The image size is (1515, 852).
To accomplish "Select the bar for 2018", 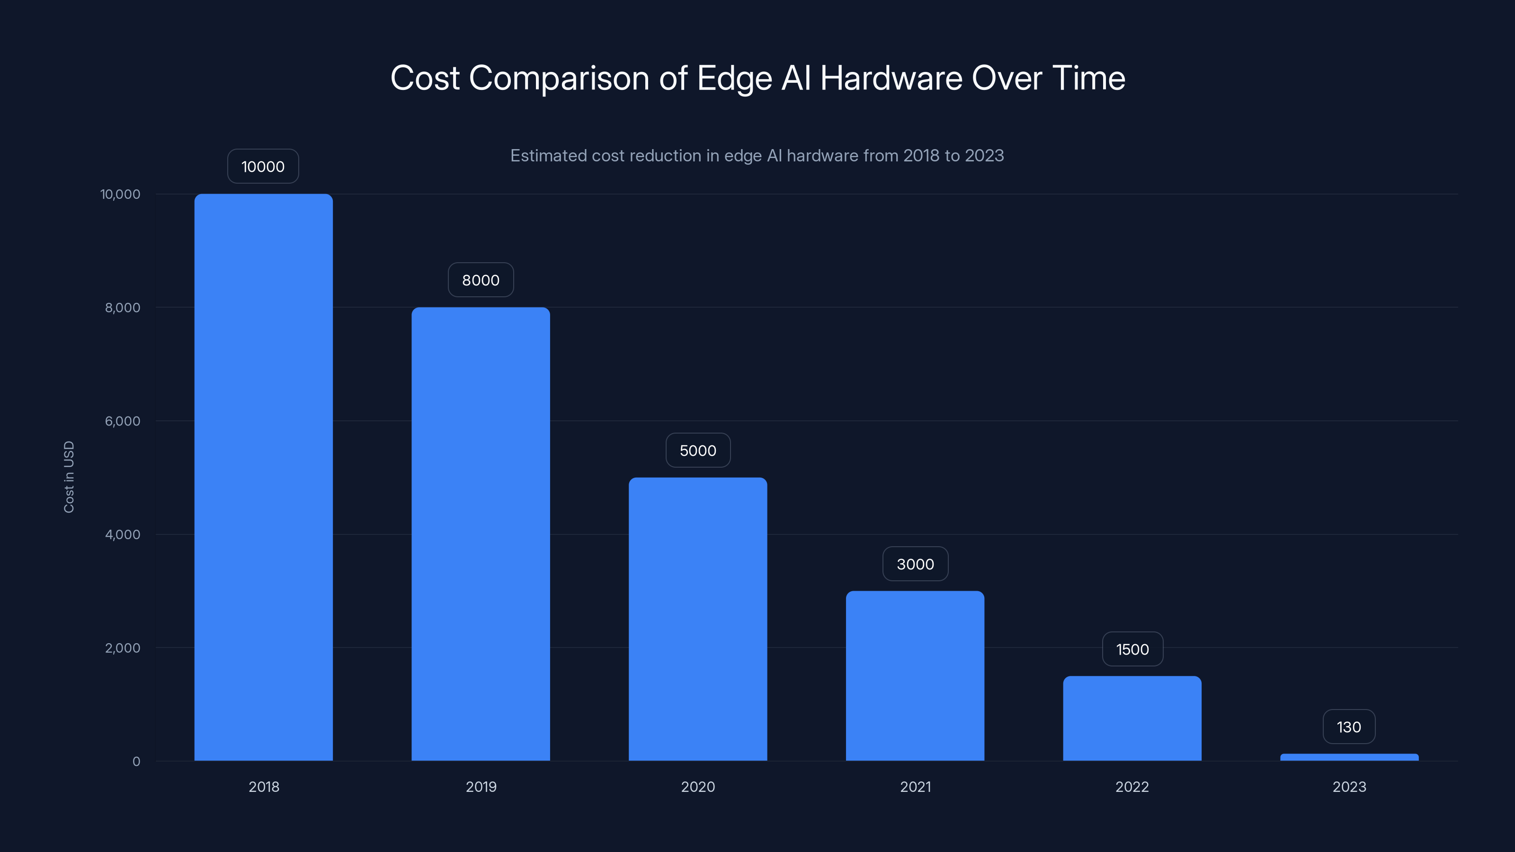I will click(x=264, y=477).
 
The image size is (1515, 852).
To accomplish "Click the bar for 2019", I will click(x=481, y=534).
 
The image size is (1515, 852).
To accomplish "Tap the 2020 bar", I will click(x=697, y=619).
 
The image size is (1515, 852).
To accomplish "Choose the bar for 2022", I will click(x=1132, y=718).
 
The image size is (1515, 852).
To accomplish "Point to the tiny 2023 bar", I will click(x=1349, y=757).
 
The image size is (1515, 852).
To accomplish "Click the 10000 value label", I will click(x=263, y=167).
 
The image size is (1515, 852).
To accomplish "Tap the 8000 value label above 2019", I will click(x=481, y=280).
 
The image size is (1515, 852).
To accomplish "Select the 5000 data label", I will click(x=697, y=451).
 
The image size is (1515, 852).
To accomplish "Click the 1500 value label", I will click(x=1132, y=649).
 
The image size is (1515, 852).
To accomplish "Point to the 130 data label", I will click(x=1348, y=727).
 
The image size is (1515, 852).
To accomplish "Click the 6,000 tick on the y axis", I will click(x=122, y=421).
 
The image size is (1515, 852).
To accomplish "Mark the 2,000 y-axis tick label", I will click(x=122, y=648).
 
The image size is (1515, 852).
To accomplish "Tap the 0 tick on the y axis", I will click(x=136, y=762).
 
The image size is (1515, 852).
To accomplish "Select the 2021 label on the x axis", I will click(x=915, y=787).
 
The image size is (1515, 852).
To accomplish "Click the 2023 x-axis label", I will click(x=1349, y=787).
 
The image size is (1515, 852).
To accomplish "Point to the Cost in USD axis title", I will click(x=69, y=477).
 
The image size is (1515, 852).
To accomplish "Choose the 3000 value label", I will click(x=915, y=564).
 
